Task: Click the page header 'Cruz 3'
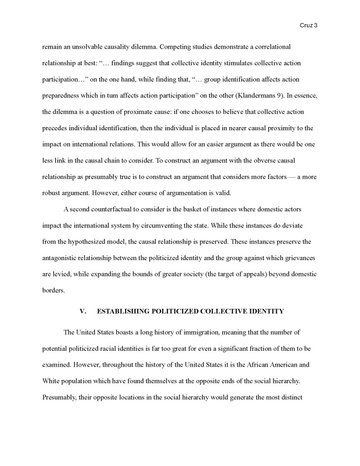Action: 309,26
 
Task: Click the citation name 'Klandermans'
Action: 259,95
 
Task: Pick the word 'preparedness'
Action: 61,95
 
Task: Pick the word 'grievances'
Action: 299,258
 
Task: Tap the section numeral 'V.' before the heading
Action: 83,312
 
